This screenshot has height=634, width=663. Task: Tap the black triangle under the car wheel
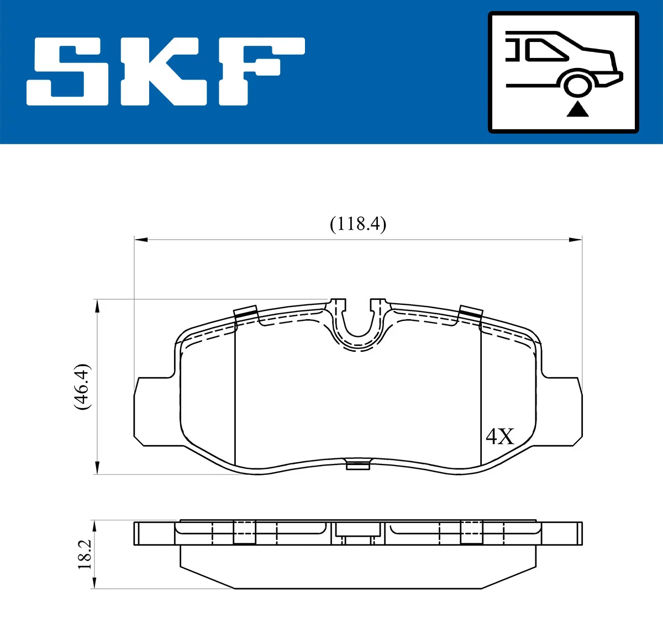coord(577,109)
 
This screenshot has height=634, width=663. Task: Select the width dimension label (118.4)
coord(358,224)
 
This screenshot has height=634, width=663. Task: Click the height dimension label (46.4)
coord(81,387)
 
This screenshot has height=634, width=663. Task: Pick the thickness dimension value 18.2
coord(85,554)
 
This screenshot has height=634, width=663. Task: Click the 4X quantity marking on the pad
coord(499,436)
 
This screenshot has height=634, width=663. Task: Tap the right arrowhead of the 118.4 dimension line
coord(576,240)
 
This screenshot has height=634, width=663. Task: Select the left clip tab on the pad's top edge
coord(246,313)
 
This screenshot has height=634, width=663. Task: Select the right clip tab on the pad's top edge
coord(471,313)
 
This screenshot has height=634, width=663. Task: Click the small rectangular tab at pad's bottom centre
coord(357,465)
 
